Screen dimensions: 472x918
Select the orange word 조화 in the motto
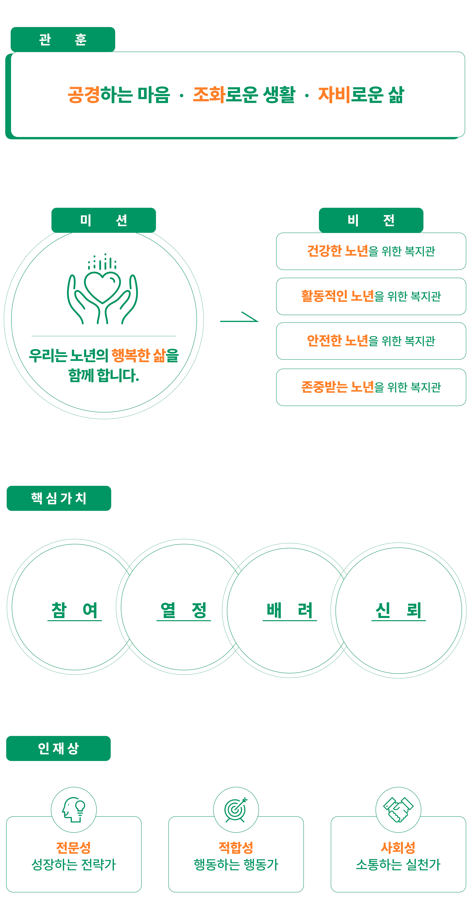pyautogui.click(x=209, y=95)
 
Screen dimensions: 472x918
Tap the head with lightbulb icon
pyautogui.click(x=74, y=810)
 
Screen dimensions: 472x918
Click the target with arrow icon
pyautogui.click(x=236, y=810)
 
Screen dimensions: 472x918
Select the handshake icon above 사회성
pyautogui.click(x=398, y=810)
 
